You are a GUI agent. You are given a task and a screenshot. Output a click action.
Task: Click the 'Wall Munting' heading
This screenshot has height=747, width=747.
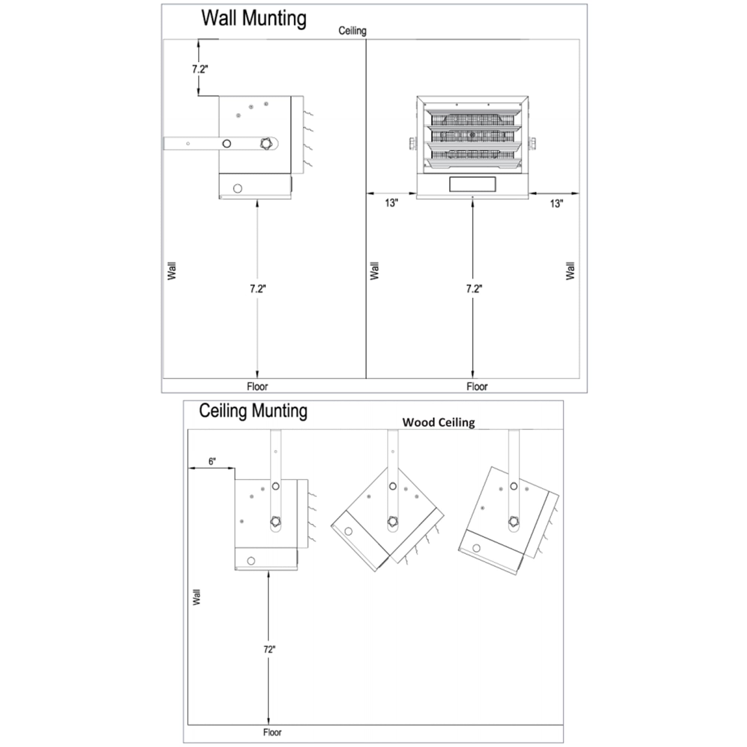pyautogui.click(x=254, y=19)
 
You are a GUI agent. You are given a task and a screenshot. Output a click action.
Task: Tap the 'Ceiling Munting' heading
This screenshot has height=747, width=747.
pyautogui.click(x=253, y=410)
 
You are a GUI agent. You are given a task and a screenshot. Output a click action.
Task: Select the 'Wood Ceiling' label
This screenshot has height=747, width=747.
pyautogui.click(x=438, y=422)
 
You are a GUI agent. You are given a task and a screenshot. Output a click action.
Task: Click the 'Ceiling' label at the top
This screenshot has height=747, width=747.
pyautogui.click(x=352, y=31)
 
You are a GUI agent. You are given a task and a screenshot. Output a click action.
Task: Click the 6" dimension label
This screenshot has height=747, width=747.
pyautogui.click(x=212, y=461)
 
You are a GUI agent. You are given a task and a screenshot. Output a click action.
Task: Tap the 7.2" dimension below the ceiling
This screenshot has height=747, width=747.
pyautogui.click(x=200, y=69)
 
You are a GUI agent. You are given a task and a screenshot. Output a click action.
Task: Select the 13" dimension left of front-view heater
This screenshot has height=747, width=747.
pyautogui.click(x=391, y=202)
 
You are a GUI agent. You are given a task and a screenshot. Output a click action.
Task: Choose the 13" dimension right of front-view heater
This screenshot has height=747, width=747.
pyautogui.click(x=557, y=204)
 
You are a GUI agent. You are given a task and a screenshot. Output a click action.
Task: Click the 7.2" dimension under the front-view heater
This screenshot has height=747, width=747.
pyautogui.click(x=474, y=288)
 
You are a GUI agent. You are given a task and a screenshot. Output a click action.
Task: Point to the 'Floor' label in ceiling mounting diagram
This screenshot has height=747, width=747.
pyautogui.click(x=272, y=732)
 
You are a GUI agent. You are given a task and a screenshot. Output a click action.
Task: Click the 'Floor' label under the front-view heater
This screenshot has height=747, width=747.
pyautogui.click(x=477, y=386)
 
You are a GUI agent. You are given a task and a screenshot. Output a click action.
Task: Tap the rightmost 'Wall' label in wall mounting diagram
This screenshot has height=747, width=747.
pyautogui.click(x=570, y=271)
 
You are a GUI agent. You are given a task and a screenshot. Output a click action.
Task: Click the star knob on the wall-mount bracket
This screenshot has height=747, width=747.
pyautogui.click(x=266, y=144)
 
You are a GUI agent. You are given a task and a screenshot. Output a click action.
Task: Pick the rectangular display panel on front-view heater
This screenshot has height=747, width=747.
pyautogui.click(x=472, y=184)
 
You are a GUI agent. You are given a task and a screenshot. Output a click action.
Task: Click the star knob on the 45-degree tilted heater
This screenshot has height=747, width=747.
pyautogui.click(x=393, y=521)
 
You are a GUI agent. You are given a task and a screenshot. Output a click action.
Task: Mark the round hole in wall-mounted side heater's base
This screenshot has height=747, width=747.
pyautogui.click(x=238, y=188)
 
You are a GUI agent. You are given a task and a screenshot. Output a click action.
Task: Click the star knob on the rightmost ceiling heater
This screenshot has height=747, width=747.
pyautogui.click(x=514, y=521)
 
